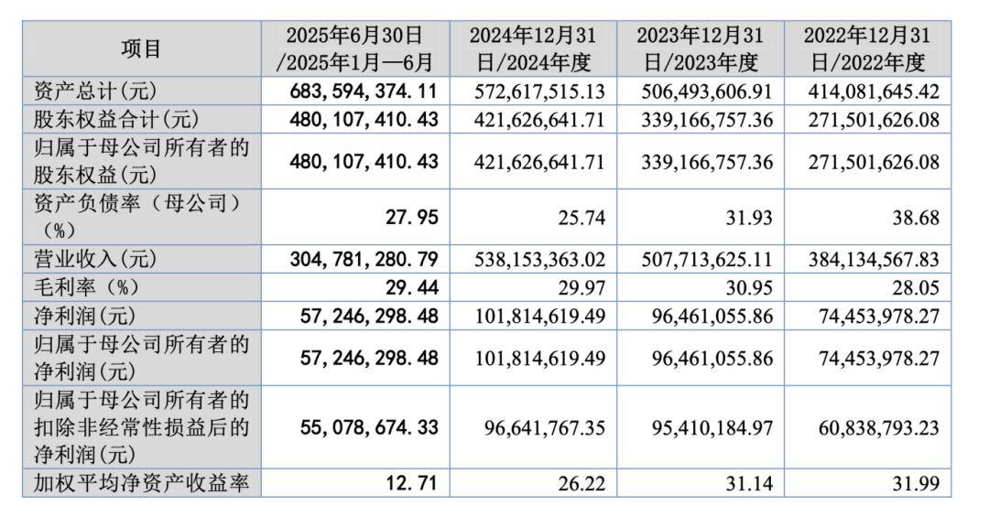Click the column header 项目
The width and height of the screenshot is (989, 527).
pos(141,48)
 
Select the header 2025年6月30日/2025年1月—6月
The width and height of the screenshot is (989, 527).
pos(354,48)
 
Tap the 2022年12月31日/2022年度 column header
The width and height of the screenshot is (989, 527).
pos(866,48)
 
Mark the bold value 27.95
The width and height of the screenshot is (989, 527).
pos(414,218)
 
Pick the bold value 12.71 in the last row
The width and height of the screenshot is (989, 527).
pos(414,483)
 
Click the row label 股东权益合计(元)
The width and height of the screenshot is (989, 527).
pos(108,119)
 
